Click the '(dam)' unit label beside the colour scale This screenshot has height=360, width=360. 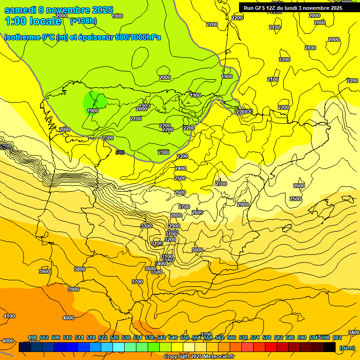[x=347, y=347]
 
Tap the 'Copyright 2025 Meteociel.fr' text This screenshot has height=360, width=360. [x=199, y=356]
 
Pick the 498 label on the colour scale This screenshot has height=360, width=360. [x=32, y=337]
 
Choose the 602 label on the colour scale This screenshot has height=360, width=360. [x=337, y=337]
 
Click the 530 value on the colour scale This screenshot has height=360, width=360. [x=126, y=337]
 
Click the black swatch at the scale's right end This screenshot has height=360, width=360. [x=330, y=347]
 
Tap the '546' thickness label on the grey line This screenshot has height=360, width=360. [x=120, y=152]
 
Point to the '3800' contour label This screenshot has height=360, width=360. [x=80, y=269]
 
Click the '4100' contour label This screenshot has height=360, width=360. [x=9, y=316]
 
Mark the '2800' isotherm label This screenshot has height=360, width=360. [x=175, y=215]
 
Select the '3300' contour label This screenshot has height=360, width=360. [x=146, y=226]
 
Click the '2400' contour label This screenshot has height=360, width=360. [x=180, y=168]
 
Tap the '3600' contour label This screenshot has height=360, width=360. [x=150, y=269]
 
